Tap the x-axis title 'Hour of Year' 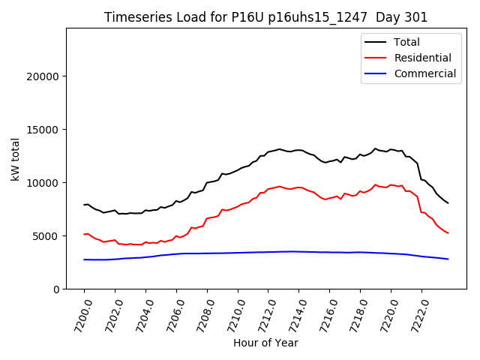coord(265,343)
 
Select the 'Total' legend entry coord(406,42)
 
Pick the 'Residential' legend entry coord(422,58)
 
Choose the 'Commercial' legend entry coord(424,73)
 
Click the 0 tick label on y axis coord(56,289)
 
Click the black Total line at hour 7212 coord(268,151)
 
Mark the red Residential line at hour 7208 coord(207,218)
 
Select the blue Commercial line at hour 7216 coord(330,252)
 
